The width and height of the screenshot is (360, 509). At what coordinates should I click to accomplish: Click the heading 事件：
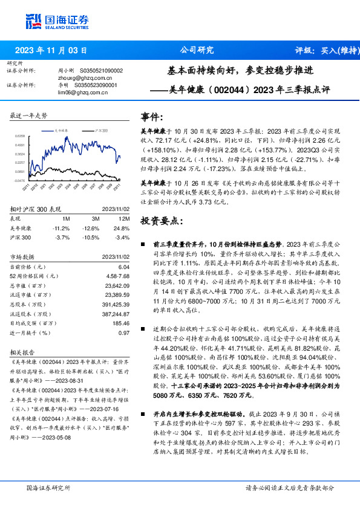point(151,117)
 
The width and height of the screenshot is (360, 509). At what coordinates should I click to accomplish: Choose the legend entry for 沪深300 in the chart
point(101,130)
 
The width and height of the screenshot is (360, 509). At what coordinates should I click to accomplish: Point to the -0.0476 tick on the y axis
point(19,180)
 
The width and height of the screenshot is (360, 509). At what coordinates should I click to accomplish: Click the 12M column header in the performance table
point(123,217)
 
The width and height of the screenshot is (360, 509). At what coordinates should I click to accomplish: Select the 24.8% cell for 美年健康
point(123,228)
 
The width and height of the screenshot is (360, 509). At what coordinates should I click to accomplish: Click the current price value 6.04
point(123,267)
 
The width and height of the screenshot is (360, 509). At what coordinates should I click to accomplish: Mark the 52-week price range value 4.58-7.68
point(117,276)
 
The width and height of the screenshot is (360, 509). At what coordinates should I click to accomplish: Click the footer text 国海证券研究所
point(48,487)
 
